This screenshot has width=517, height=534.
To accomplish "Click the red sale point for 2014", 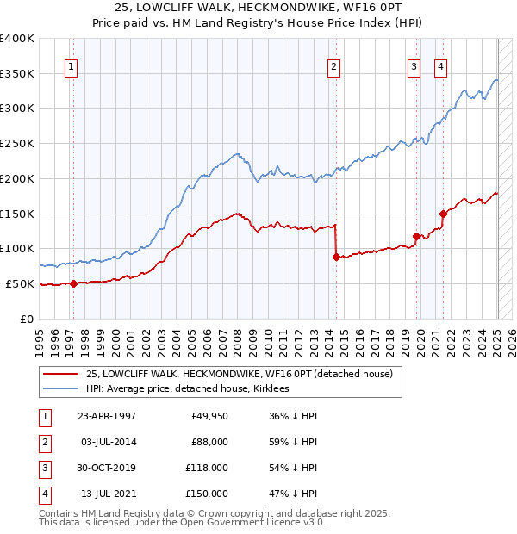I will (335, 256).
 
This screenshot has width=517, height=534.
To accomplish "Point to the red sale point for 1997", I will (73, 283).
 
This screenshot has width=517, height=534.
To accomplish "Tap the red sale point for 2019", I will (416, 235).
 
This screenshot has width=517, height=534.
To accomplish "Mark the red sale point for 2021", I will (443, 213).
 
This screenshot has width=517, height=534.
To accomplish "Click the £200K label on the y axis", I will (16, 178).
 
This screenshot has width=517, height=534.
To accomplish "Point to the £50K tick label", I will (20, 283).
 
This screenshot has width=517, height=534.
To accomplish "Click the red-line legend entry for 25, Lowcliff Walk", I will (240, 374).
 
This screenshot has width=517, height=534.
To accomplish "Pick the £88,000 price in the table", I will (209, 442).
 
